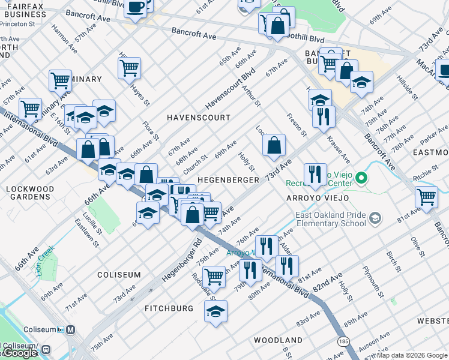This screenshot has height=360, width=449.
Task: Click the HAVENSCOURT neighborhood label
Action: (x=198, y=118)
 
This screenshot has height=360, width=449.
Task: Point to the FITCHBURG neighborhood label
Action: (x=169, y=308)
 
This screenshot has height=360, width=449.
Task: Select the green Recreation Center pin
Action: (x=361, y=178)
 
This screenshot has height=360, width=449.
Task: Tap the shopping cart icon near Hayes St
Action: (x=129, y=68)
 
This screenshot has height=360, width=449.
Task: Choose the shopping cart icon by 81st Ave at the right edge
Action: (x=426, y=196)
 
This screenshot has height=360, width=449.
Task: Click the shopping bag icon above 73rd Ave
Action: (x=274, y=145)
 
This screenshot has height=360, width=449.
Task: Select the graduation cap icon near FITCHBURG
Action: (x=216, y=311)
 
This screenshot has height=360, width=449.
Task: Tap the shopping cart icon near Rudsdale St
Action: (x=214, y=277)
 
